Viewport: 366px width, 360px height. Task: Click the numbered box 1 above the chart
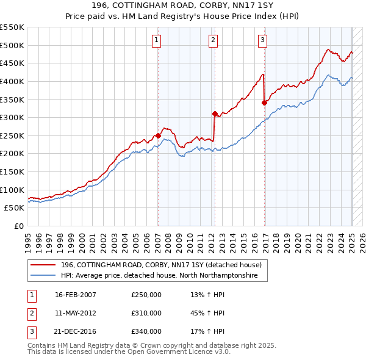[x=157, y=40]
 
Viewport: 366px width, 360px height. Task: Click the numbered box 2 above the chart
[x=213, y=40]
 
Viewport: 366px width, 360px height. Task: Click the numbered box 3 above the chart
[x=262, y=40]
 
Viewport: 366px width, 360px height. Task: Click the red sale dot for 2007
[x=158, y=135]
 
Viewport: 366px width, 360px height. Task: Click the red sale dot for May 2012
[x=215, y=113]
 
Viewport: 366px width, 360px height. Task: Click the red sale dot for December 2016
[x=264, y=103]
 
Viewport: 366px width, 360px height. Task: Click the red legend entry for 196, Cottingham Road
[x=161, y=265]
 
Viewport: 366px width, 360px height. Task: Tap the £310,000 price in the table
[x=146, y=313]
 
